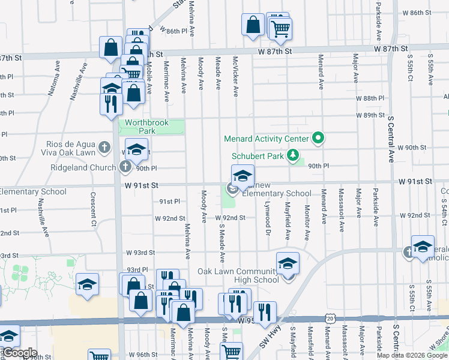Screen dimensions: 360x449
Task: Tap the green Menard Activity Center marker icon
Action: click(x=319, y=139)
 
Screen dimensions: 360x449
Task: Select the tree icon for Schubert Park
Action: click(x=293, y=155)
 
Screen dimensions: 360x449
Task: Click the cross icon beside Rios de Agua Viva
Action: click(x=104, y=146)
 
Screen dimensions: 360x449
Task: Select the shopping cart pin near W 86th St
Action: click(x=280, y=28)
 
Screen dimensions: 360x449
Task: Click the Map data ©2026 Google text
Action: click(x=412, y=355)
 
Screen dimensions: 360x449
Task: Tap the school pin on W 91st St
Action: click(x=243, y=176)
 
